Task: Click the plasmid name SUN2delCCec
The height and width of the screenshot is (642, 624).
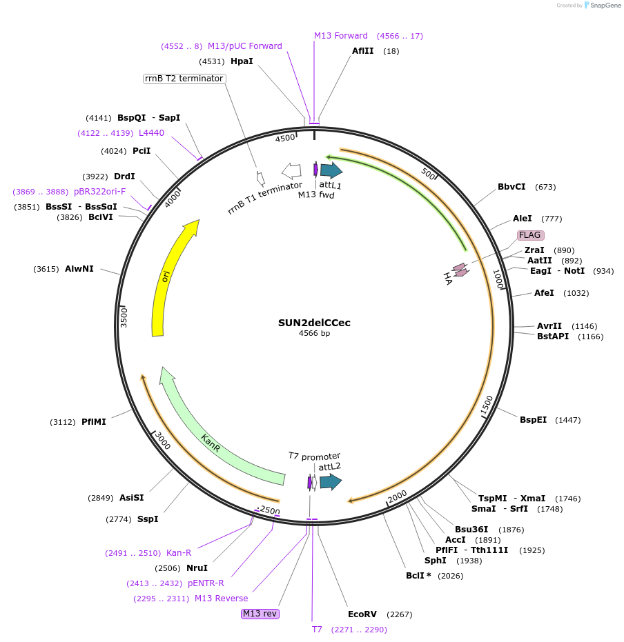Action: [x=314, y=322]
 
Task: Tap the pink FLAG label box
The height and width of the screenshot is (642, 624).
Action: [x=530, y=235]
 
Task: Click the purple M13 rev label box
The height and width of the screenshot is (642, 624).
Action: [x=260, y=614]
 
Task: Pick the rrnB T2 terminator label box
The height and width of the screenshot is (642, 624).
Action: [x=184, y=79]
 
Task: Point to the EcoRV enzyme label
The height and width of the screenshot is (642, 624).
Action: [x=362, y=614]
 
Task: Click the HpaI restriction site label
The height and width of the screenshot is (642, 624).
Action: [x=242, y=61]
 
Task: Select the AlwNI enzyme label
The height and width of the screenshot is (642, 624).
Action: [x=79, y=268]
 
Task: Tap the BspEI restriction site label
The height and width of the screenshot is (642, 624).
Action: [x=533, y=419]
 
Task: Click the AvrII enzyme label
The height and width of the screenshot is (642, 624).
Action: [x=549, y=325]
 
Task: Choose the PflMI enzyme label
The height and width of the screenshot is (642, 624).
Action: [x=94, y=421]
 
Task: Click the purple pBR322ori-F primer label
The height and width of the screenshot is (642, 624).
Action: [x=100, y=191]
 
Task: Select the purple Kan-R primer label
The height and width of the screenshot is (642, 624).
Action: [x=179, y=552]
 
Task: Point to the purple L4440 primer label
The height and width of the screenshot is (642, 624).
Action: [x=151, y=132]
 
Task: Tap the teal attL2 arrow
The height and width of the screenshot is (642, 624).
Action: [x=331, y=482]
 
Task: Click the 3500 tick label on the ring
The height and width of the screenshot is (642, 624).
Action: [x=124, y=318]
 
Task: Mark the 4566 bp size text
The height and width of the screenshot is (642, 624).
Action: [x=314, y=334]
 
